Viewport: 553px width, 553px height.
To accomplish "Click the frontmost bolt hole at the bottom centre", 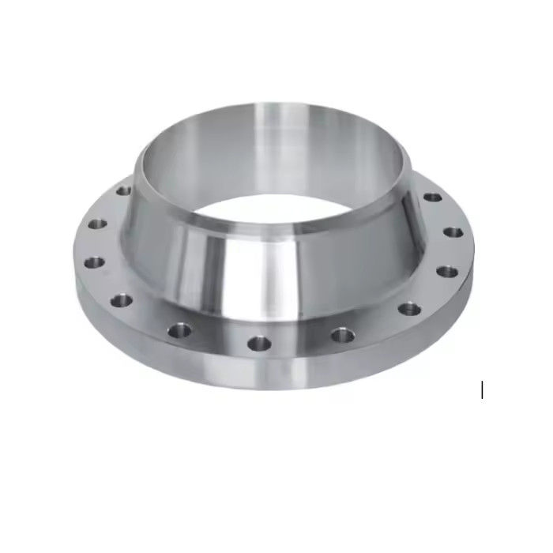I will pos(258,343).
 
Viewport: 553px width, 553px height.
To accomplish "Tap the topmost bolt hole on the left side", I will pos(123,190).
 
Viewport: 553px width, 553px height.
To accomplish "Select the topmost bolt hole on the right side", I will pos(431,197).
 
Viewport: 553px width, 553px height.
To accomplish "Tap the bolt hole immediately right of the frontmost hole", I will pos(341,335).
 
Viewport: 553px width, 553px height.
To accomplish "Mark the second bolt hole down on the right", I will pos(453,232).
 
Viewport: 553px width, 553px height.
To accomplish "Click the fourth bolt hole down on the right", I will pos(408,308).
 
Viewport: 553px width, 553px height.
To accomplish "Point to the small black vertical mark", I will pos(482,389).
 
